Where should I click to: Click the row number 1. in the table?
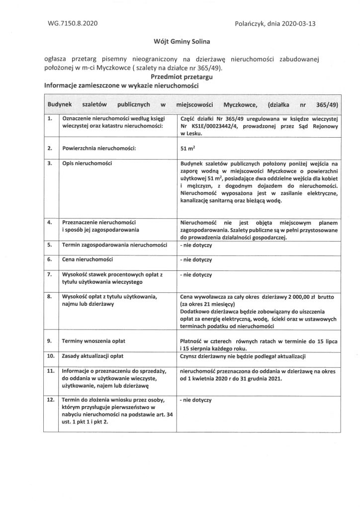pos(49,119)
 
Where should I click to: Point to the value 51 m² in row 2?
pos(187,148)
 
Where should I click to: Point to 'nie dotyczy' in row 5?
pos(196,246)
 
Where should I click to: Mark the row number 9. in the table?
pos(49,342)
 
